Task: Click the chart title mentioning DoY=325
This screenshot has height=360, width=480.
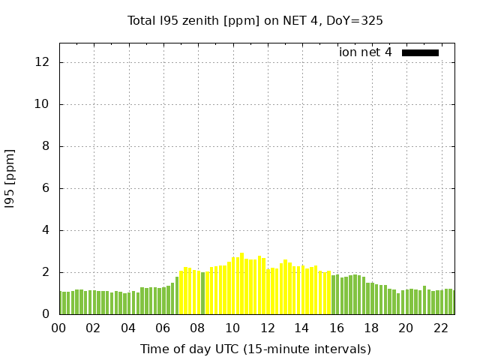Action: click(255, 20)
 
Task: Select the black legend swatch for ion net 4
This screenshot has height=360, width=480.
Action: click(420, 52)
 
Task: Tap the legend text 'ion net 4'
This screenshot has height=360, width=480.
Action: click(365, 52)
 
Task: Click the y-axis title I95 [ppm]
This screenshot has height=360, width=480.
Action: click(10, 178)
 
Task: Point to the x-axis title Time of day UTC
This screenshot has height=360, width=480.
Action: click(255, 349)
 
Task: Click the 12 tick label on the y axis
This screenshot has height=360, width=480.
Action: click(43, 62)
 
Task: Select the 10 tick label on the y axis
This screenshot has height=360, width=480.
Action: click(43, 104)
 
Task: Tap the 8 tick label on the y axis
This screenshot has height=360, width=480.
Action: click(46, 146)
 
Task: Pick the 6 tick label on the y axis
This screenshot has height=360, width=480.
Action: click(46, 188)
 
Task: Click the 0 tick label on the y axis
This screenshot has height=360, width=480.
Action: click(46, 314)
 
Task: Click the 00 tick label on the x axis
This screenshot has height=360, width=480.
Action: click(58, 328)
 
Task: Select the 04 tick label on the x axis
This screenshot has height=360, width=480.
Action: click(128, 328)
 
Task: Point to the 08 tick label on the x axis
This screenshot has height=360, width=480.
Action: click(197, 328)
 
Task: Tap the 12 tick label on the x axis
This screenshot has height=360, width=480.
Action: click(267, 328)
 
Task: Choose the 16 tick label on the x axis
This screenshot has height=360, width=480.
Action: click(336, 328)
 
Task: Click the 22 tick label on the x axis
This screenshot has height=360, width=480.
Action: click(440, 328)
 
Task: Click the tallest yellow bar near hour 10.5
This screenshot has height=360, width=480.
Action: click(241, 284)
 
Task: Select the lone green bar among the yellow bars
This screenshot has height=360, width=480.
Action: click(202, 293)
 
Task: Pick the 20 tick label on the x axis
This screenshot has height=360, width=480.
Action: click(406, 328)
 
